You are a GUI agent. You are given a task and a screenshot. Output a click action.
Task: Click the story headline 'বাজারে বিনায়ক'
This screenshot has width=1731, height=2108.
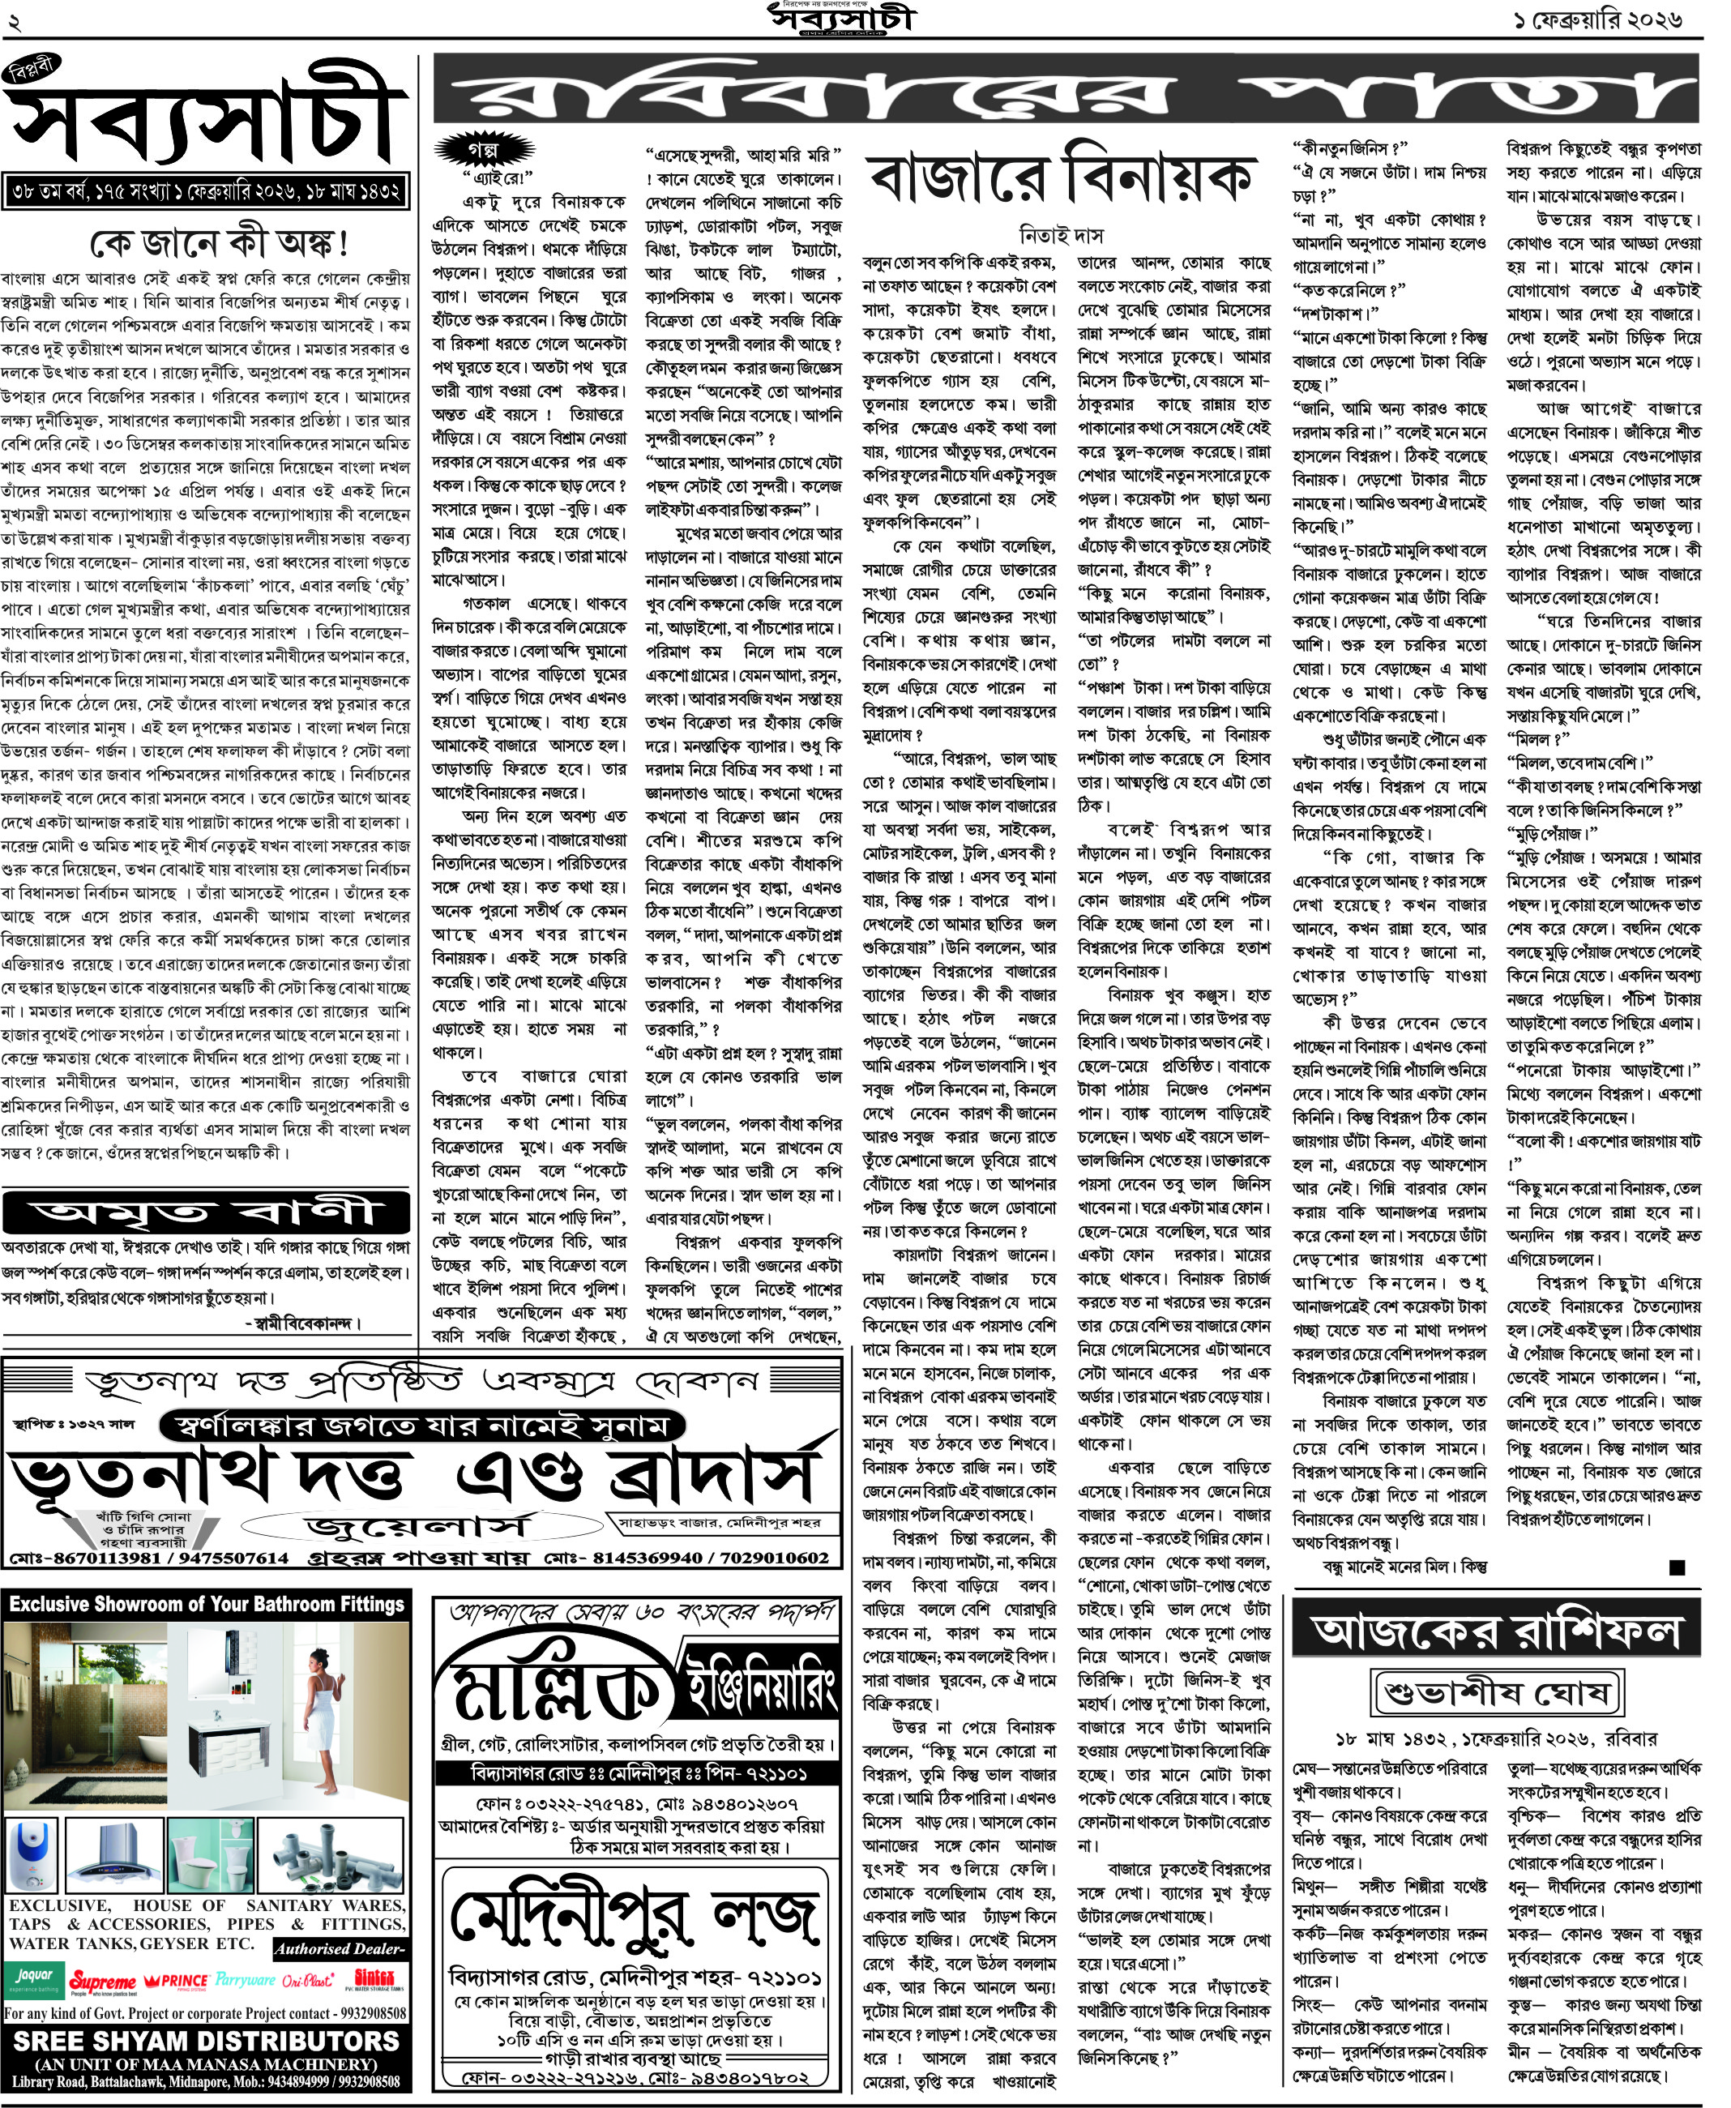click(x=1061, y=179)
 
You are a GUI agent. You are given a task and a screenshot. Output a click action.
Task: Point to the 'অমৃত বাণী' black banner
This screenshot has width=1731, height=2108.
click(x=207, y=1212)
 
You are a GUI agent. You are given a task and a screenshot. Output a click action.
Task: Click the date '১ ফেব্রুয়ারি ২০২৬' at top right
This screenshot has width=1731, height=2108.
click(x=1596, y=20)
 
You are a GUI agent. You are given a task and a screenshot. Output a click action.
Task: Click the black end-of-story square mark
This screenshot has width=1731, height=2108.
click(x=1678, y=1567)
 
